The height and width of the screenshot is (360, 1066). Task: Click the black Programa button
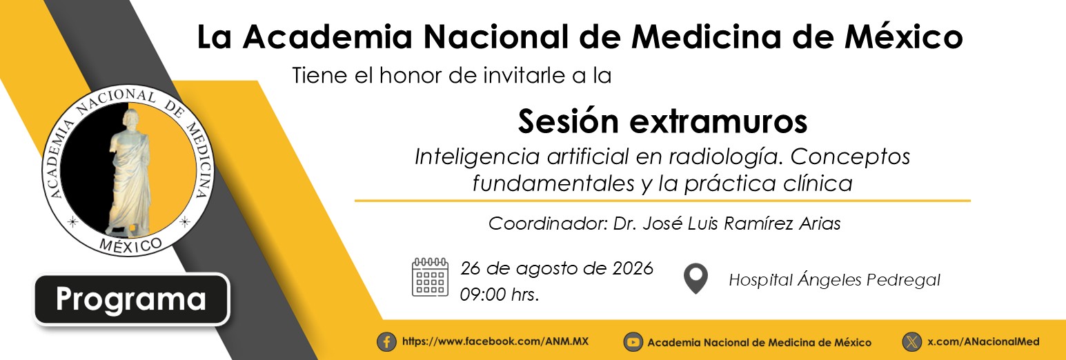pyautogui.click(x=131, y=299)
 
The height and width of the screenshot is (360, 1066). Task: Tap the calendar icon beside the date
pyautogui.click(x=430, y=277)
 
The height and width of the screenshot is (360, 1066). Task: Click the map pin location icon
pyautogui.click(x=695, y=279)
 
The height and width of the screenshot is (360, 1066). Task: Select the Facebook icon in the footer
pyautogui.click(x=386, y=342)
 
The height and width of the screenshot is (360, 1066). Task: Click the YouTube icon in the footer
pyautogui.click(x=633, y=342)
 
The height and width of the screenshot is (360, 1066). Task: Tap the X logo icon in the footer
pyautogui.click(x=912, y=342)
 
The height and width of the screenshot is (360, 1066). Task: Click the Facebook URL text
pyautogui.click(x=495, y=341)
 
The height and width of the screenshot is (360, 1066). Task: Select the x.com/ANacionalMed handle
pyautogui.click(x=983, y=341)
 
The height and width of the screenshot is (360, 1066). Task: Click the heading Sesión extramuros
pyautogui.click(x=662, y=122)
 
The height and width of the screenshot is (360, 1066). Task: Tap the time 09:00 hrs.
pyautogui.click(x=500, y=295)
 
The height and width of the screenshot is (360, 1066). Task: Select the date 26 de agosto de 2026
pyautogui.click(x=556, y=269)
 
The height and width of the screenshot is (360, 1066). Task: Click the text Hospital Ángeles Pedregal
pyautogui.click(x=835, y=279)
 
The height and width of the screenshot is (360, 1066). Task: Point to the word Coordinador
pyautogui.click(x=547, y=223)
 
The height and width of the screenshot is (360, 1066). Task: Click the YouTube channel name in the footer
pyautogui.click(x=760, y=342)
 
